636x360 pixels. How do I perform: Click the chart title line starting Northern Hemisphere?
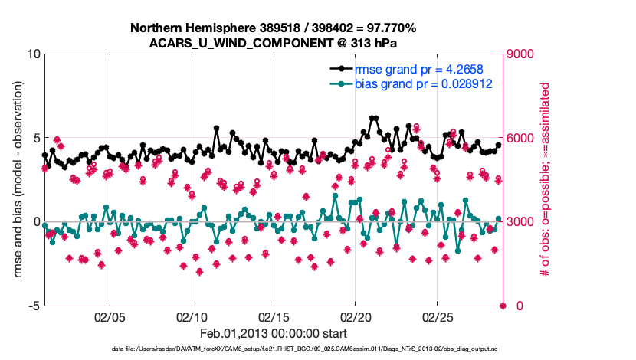273,28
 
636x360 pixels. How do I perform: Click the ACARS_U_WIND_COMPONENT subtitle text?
273,43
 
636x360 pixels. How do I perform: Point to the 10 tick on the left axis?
33,54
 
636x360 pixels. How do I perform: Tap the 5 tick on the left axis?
36,138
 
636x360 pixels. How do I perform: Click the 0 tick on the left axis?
36,222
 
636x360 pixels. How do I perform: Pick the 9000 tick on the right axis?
523,54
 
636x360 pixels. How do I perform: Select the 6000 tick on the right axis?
523,138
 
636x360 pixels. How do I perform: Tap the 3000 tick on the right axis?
523,222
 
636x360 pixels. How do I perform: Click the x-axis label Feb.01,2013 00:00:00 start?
273,333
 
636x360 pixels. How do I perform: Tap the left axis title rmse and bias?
15,180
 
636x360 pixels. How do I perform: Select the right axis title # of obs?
546,180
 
